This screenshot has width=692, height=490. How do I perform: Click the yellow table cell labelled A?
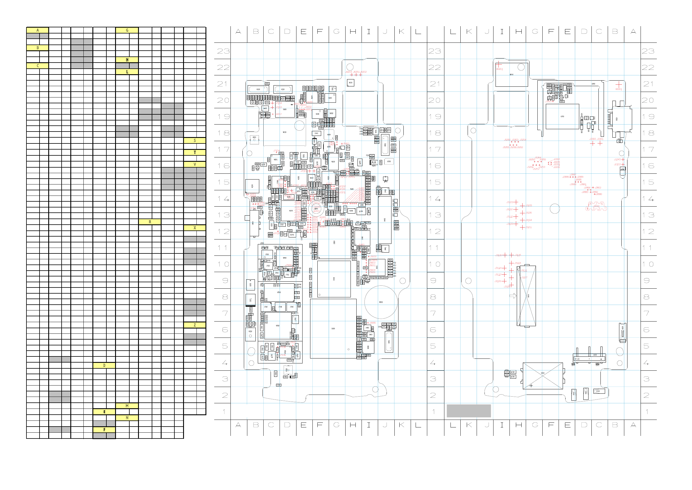pyautogui.click(x=37, y=30)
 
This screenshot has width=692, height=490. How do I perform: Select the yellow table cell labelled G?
pyautogui.click(x=127, y=30)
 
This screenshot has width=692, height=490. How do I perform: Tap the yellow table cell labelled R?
pyautogui.click(x=150, y=222)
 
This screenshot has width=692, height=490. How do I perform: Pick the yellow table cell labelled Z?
pyautogui.click(x=195, y=325)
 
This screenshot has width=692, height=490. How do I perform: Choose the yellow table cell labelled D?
pyautogui.click(x=104, y=365)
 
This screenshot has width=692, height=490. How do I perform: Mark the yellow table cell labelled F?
pyautogui.click(x=104, y=430)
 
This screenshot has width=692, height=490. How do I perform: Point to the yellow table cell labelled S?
pyautogui.click(x=195, y=140)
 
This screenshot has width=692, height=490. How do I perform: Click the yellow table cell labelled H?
pyautogui.click(x=127, y=60)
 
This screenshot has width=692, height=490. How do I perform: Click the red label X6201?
pyautogui.click(x=499, y=69)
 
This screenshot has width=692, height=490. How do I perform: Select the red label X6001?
pyautogui.click(x=618, y=89)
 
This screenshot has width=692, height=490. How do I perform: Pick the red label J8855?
pyautogui.click(x=373, y=323)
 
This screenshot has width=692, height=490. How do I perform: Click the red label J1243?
pyautogui.click(x=617, y=159)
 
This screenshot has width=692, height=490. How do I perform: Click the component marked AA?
pyautogui.click(x=374, y=162)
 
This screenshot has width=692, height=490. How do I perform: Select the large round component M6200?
pyautogui.click(x=381, y=302)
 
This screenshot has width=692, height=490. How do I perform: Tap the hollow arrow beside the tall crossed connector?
pyautogui.click(x=513, y=296)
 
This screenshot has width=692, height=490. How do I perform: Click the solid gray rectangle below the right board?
pyautogui.click(x=469, y=411)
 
